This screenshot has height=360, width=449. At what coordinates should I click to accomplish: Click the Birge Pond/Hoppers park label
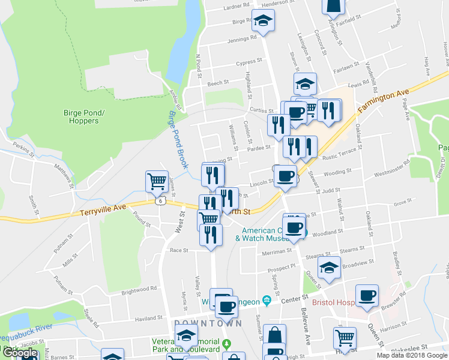coord(81,116)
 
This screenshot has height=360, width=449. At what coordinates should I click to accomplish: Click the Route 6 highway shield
coord(160,201)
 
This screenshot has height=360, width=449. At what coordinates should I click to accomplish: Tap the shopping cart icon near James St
coord(157,181)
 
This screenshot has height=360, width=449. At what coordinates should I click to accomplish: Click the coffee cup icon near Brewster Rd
coord(367,296)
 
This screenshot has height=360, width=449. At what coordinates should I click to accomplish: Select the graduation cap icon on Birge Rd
coord(263,21)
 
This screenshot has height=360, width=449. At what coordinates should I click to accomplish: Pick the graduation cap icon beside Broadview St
coord(329,268)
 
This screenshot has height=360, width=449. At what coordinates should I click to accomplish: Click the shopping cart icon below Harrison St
coord(345,338)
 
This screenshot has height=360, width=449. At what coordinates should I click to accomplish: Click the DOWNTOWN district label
coord(208,323)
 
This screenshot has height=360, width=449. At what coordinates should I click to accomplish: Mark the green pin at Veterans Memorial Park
coord(226,344)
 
